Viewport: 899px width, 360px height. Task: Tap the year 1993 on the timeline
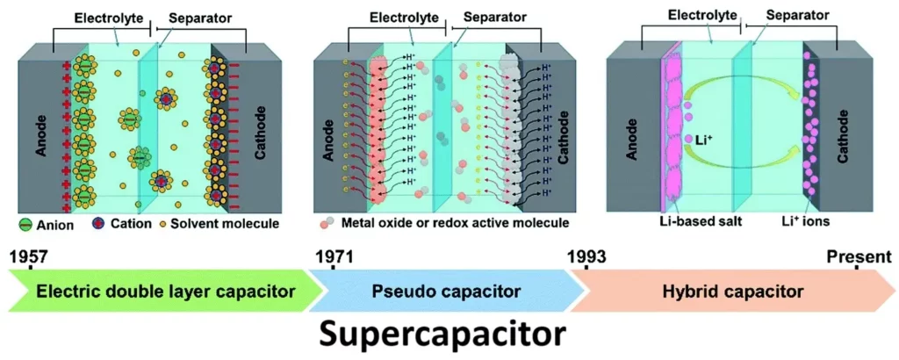pyautogui.click(x=587, y=257)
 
